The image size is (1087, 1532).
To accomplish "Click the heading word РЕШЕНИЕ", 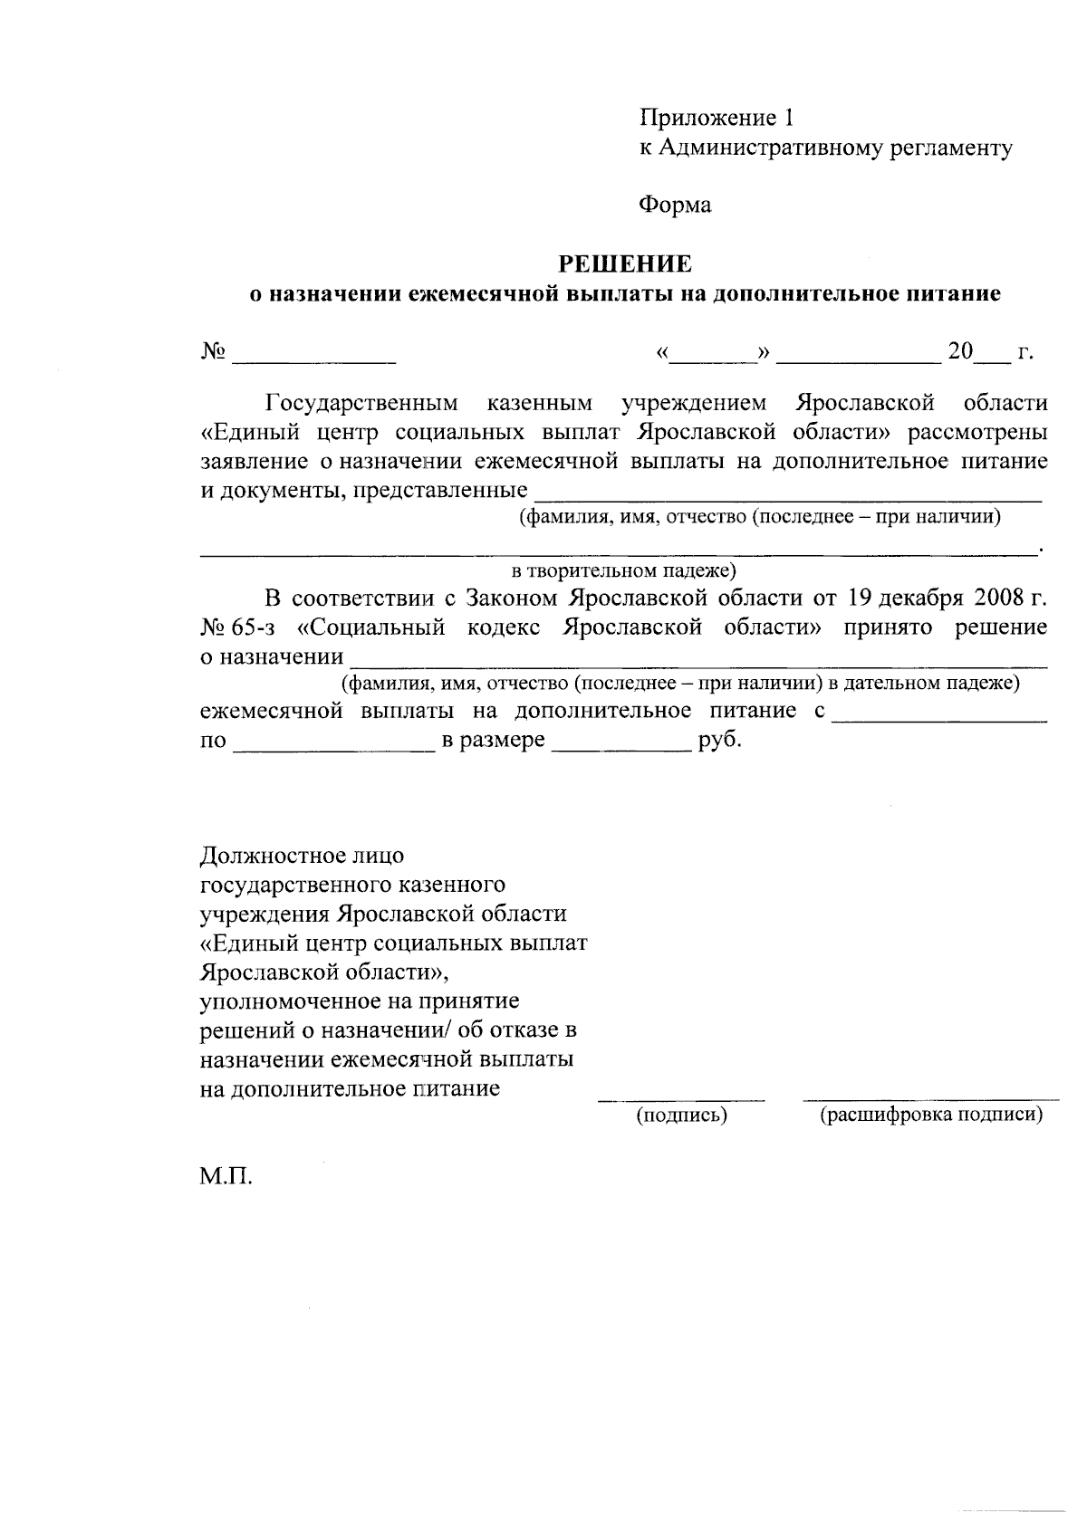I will pyautogui.click(x=624, y=263).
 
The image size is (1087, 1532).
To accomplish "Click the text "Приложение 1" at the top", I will pyautogui.click(x=717, y=118).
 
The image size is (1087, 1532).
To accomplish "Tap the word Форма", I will pyautogui.click(x=675, y=206).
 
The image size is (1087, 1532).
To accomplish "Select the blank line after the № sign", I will pyautogui.click(x=314, y=360).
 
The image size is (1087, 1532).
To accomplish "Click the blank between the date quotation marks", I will pyautogui.click(x=713, y=360).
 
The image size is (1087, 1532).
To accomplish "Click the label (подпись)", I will pyautogui.click(x=681, y=1115).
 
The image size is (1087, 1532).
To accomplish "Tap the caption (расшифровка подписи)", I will pyautogui.click(x=931, y=1115).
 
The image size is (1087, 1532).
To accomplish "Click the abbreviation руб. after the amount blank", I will pyautogui.click(x=720, y=740).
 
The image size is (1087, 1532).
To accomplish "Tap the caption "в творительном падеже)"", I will pyautogui.click(x=624, y=570).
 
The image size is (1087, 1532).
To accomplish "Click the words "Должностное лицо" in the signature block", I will pyautogui.click(x=302, y=855).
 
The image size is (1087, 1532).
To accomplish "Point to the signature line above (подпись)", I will pyautogui.click(x=681, y=1099).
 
